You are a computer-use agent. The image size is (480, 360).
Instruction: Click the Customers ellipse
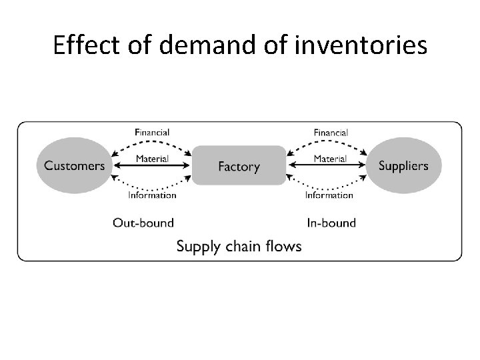tap(75, 165)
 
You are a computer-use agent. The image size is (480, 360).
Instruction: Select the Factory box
tap(239, 165)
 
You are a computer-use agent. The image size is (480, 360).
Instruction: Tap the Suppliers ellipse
tap(403, 165)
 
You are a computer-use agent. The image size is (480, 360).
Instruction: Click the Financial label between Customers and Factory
tap(152, 133)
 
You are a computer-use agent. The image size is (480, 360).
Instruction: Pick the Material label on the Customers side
tap(152, 159)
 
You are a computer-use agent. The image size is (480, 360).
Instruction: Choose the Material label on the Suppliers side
tap(329, 159)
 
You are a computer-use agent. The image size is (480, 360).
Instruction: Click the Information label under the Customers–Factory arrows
tap(152, 195)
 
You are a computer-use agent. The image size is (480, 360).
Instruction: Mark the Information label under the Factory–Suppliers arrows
tap(329, 195)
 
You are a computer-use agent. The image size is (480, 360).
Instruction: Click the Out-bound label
tap(143, 222)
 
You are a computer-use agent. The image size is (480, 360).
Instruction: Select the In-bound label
tap(331, 222)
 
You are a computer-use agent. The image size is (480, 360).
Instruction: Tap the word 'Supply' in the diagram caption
tap(197, 247)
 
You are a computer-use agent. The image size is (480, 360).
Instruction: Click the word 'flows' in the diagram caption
tap(284, 246)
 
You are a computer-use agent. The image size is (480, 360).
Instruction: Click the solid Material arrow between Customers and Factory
tap(152, 165)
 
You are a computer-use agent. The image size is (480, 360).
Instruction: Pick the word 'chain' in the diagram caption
tap(243, 246)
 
